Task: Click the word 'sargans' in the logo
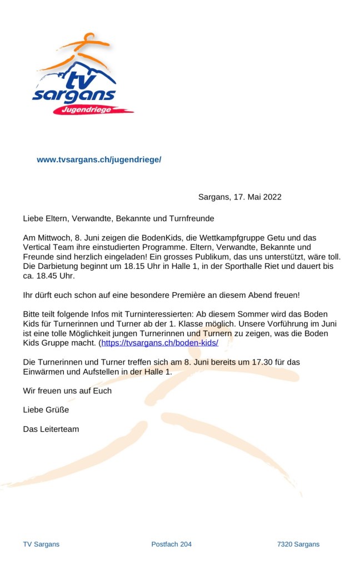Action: click(74, 96)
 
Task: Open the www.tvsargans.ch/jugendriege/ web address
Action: click(99, 159)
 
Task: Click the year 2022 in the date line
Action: click(272, 197)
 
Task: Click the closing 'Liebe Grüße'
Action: click(46, 410)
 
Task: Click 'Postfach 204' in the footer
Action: click(171, 544)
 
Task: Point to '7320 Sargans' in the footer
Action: click(298, 544)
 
